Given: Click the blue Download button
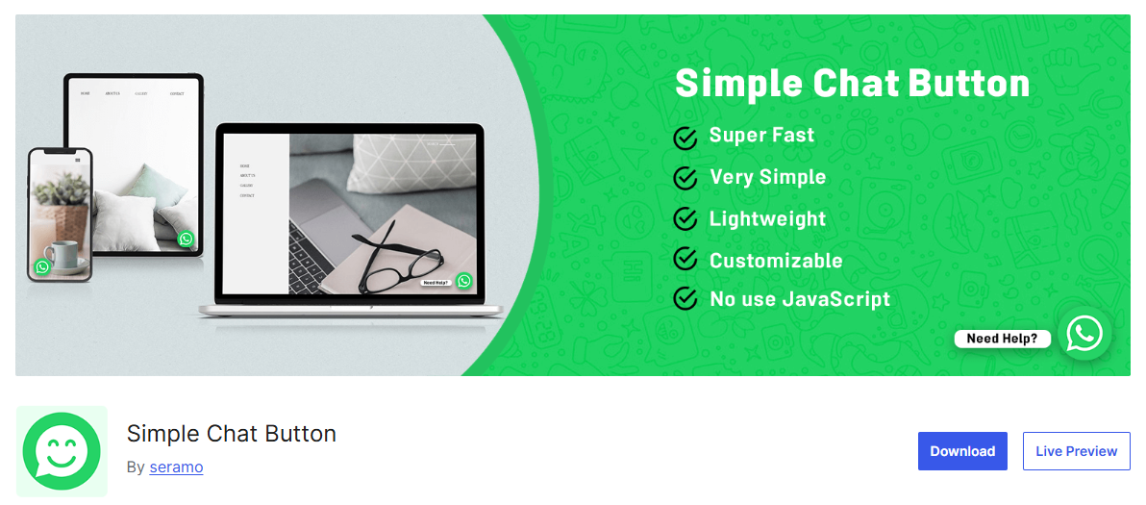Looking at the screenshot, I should coord(962,451).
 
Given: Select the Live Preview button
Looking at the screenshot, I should coord(1076,451).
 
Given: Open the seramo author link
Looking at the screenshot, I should coord(176,467).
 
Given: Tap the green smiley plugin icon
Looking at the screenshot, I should coord(62,451).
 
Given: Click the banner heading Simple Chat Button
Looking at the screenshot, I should coord(852,84).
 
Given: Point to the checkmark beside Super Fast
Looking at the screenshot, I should coord(685,138).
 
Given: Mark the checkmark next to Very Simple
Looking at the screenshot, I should coord(685,178).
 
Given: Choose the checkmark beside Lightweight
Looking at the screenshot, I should coord(685,219).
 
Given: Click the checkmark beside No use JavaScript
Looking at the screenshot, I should coord(685,298).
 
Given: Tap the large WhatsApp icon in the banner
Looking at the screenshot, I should coord(1084,334).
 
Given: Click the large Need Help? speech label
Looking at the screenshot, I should coord(1002,339).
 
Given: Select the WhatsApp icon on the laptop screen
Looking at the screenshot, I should coord(464,281).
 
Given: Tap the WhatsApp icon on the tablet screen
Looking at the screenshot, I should coord(186,239).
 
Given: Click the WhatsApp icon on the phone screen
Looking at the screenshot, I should coord(41,266).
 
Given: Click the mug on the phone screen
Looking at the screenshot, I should coord(62,255).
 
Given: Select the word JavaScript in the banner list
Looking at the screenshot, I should coord(836,299).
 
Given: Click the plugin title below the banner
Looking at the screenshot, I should coord(232,434).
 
